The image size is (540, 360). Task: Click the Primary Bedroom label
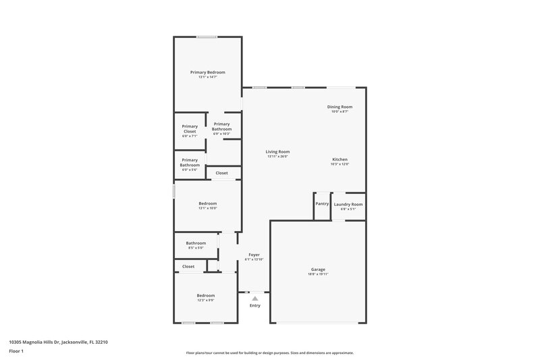tap(207, 72)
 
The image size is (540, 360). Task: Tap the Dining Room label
tap(340, 107)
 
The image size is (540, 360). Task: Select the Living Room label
tap(277, 152)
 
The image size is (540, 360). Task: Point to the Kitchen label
tap(340, 159)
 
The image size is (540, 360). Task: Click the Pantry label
tap(322, 203)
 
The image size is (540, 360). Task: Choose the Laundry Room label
tap(348, 204)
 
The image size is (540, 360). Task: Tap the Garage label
tap(318, 269)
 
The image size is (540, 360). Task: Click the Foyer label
tap(254, 255)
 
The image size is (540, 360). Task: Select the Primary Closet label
tap(190, 128)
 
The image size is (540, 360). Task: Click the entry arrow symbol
tap(254, 298)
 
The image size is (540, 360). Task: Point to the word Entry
tap(254, 305)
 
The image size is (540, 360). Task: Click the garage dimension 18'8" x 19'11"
tap(318, 274)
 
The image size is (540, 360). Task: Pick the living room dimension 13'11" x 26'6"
tap(277, 157)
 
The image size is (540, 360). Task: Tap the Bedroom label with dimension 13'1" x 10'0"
tap(207, 203)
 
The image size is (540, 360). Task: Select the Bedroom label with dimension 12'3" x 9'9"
tap(205, 295)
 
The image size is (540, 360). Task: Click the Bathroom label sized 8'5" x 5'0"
tap(196, 243)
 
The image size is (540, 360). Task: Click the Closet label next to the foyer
tap(188, 266)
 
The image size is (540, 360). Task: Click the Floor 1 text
tap(17, 352)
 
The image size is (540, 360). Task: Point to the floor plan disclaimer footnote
tap(270, 353)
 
